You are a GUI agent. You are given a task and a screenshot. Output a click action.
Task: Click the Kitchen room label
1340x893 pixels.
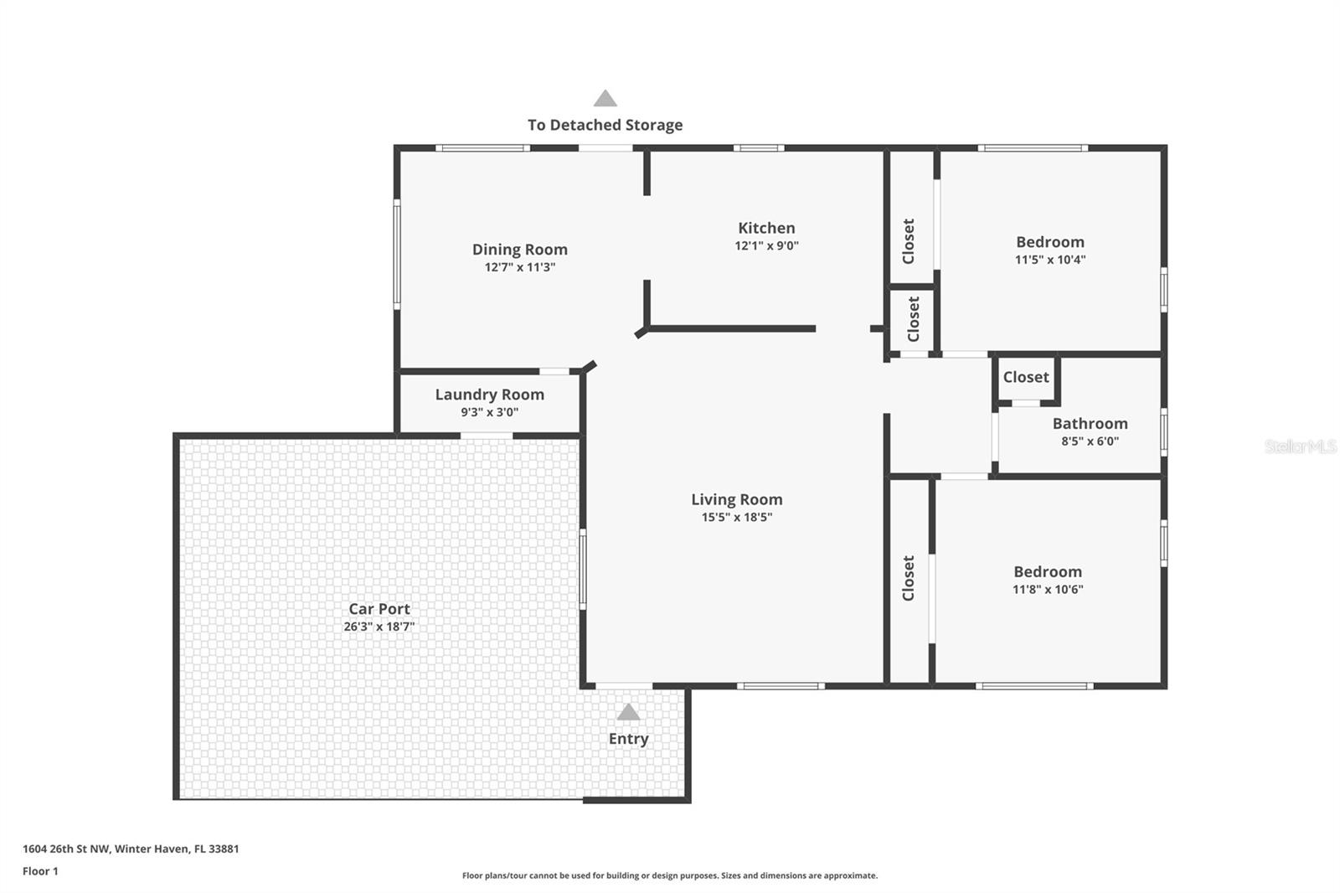[766, 228]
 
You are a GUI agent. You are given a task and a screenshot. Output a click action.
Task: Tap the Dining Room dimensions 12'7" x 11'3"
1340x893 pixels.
[519, 267]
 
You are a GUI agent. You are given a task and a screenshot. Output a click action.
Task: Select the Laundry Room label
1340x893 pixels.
[489, 395]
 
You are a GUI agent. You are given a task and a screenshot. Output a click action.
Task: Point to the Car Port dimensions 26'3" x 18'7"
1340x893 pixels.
[379, 627]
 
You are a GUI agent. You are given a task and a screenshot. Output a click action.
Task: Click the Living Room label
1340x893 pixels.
[736, 499]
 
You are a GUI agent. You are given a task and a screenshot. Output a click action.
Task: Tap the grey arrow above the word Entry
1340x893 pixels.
[628, 712]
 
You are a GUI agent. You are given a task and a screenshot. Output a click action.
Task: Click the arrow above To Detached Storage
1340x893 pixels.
[605, 99]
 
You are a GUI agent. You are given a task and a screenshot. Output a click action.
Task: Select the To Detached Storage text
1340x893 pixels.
[605, 125]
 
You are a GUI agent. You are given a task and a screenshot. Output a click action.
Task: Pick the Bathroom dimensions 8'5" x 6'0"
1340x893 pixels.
[1090, 441]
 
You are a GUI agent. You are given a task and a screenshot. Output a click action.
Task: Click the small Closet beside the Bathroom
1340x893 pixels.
[1026, 377]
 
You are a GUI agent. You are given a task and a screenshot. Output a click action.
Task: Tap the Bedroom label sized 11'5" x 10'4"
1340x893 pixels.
[1049, 242]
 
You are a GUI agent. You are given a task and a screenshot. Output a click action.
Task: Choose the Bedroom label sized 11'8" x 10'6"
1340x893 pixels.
[1047, 572]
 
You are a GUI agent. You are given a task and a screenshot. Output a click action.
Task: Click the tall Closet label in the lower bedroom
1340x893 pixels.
[909, 578]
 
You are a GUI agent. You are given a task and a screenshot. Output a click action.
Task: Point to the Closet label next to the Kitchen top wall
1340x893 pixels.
[909, 241]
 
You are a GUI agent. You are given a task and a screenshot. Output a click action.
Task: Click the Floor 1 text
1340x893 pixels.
[40, 871]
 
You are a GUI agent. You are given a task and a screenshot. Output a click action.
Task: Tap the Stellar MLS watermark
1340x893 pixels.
[1300, 446]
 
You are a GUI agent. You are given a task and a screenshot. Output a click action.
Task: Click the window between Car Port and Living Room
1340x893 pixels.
[583, 569]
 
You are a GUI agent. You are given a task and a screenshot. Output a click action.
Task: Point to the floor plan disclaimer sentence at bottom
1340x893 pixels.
[670, 875]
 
